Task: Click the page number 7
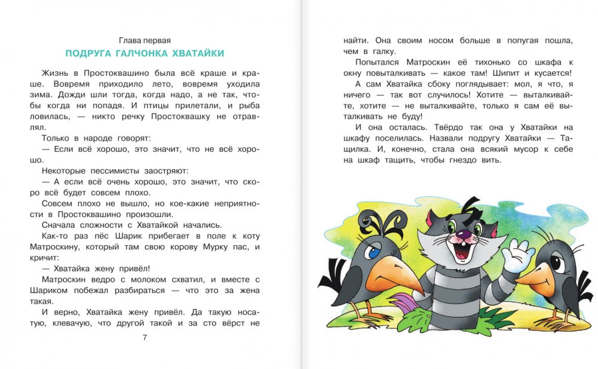(x=145, y=337)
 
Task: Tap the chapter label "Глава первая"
(x=145, y=40)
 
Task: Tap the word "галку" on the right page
(x=395, y=51)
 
